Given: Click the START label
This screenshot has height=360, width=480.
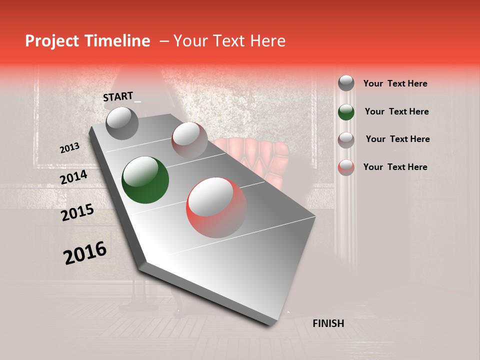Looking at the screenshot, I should [x=118, y=96].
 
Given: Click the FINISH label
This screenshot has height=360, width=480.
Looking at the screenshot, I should [x=328, y=323].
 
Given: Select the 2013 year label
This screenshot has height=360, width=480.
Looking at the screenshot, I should [x=69, y=148].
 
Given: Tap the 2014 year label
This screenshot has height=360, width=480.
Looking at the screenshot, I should [x=73, y=177].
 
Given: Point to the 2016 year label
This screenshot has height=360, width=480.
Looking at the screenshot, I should [x=84, y=253].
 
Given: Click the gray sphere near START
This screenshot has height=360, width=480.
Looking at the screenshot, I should [x=122, y=123].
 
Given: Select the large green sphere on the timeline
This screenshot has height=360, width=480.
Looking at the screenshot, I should [x=145, y=180].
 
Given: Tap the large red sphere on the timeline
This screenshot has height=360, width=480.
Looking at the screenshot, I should [x=216, y=207].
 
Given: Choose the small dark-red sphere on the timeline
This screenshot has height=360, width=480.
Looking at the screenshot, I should [x=189, y=139].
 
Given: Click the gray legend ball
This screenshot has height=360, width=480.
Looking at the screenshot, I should [x=346, y=83].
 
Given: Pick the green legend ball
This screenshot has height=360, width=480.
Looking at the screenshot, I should [x=346, y=112].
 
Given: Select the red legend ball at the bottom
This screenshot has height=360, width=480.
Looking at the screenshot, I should [x=346, y=167].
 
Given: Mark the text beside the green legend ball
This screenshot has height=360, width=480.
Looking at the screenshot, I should [x=396, y=111].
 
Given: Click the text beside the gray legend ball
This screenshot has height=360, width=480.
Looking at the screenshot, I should [x=395, y=83].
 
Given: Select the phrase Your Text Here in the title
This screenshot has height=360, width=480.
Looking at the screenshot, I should [x=229, y=41].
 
